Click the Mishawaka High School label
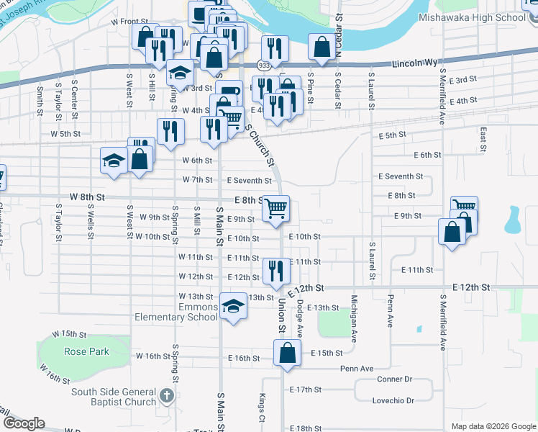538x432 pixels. (x=483, y=17)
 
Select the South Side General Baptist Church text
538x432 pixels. (x=114, y=397)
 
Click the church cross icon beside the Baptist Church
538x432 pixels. (x=167, y=395)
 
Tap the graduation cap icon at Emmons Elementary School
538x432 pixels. (x=233, y=307)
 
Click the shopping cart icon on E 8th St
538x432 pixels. (x=276, y=208)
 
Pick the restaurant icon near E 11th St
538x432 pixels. (x=276, y=271)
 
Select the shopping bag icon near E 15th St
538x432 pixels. (x=287, y=353)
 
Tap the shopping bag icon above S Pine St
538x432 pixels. (x=321, y=47)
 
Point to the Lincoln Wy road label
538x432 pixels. (x=415, y=64)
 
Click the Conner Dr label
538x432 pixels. (x=394, y=379)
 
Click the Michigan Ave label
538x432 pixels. (x=354, y=317)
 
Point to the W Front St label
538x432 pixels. (x=129, y=22)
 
